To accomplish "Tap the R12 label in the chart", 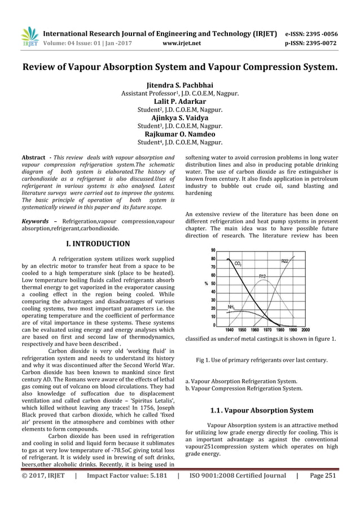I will (x=263, y=276).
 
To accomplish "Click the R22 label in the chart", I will (x=285, y=261).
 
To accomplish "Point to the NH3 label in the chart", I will (x=231, y=306).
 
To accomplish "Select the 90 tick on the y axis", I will (x=212, y=250).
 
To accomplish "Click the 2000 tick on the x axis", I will (x=305, y=330).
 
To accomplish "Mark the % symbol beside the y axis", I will (x=207, y=283).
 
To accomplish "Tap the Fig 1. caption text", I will (x=262, y=359).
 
